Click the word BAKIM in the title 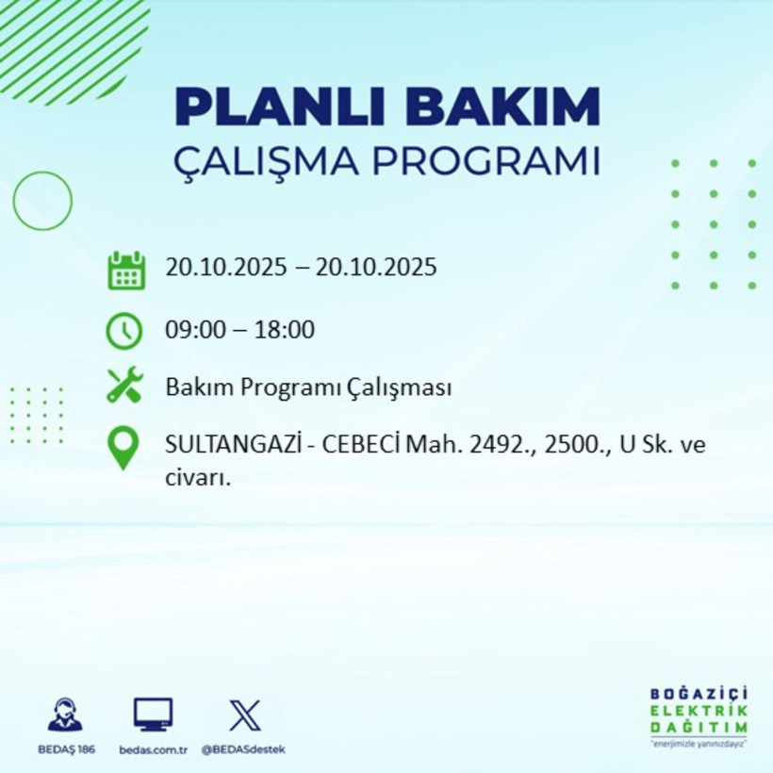coord(507,107)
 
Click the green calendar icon coord(125,270)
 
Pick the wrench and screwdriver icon coord(124,386)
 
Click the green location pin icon coord(124,447)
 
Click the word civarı coord(197,477)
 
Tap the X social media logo coord(244,715)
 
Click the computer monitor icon coord(153,715)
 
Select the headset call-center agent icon coord(65,715)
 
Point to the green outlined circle coord(42,201)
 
